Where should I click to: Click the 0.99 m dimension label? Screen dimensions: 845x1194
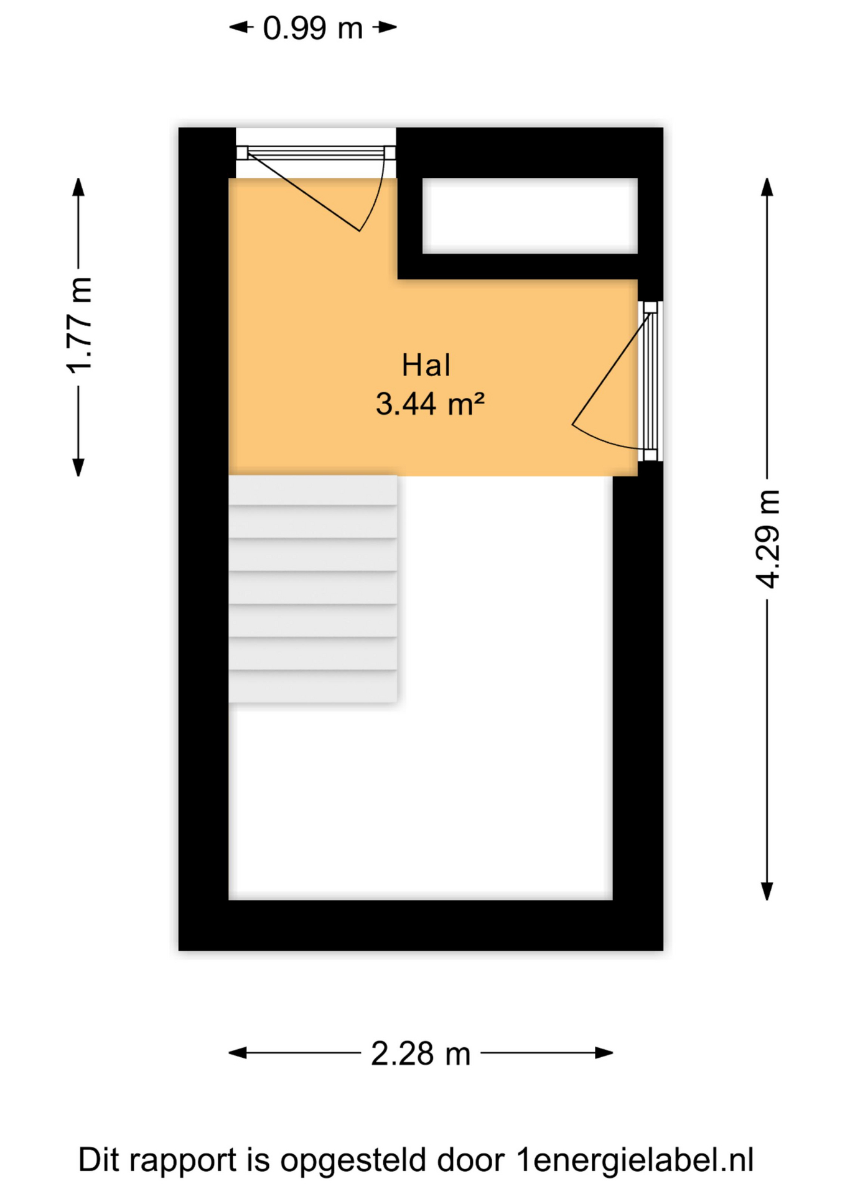[x=312, y=28]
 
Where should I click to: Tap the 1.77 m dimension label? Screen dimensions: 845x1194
[x=80, y=325]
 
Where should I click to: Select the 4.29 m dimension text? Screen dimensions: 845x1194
[x=767, y=539]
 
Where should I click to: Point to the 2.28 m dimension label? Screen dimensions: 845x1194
[x=421, y=1053]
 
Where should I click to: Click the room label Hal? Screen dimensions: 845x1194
[x=426, y=365]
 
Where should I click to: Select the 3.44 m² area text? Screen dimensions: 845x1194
[x=430, y=404]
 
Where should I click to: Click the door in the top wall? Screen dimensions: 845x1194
[x=315, y=187]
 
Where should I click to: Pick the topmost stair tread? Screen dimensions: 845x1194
[x=312, y=491]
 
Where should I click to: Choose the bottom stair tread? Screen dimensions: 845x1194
[x=312, y=687]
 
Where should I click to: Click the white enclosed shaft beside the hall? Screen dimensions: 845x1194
[x=530, y=216]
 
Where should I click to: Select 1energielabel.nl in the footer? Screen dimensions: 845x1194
[x=635, y=1160]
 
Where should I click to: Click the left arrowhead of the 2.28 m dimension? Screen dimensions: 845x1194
[x=238, y=1053]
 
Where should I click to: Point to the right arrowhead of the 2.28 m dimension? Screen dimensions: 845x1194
[x=604, y=1053]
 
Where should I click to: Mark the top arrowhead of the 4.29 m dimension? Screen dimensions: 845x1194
[x=767, y=187]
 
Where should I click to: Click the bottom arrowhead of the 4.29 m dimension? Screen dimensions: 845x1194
[x=767, y=891]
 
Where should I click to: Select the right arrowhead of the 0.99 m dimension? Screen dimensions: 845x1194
[x=388, y=27]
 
